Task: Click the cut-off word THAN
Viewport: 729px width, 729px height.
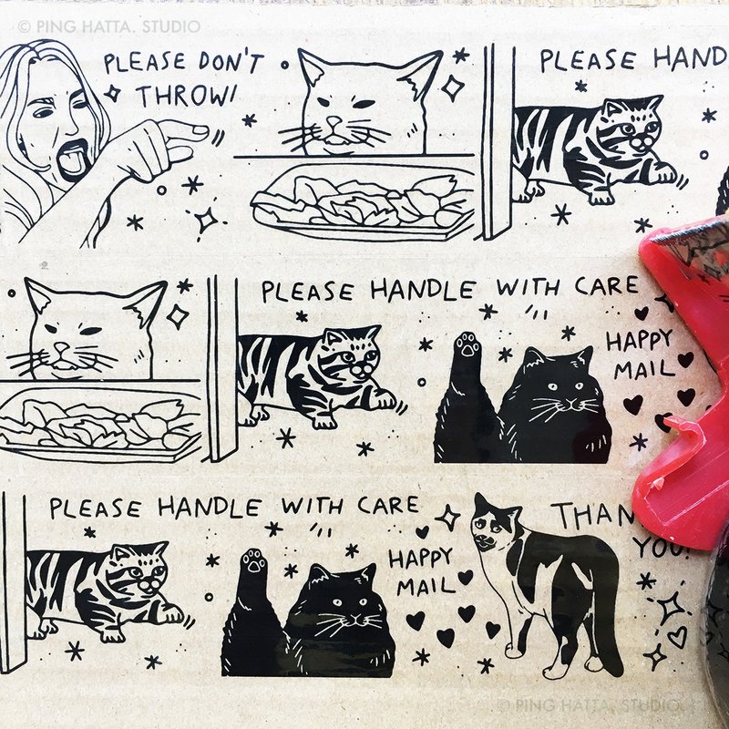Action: pos(592,518)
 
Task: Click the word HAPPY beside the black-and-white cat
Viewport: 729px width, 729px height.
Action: pos(422,554)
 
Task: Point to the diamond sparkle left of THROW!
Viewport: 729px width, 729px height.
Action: pos(114,93)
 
